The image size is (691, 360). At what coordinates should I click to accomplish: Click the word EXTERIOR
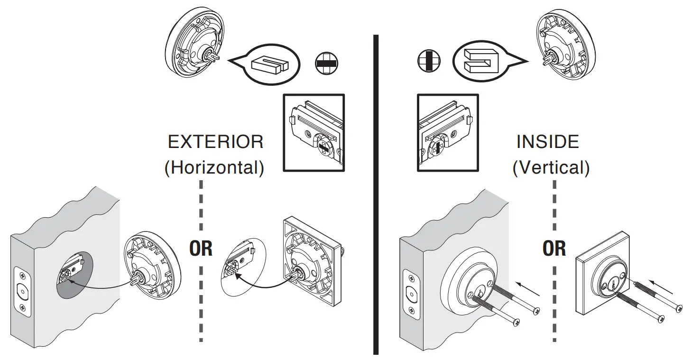215,142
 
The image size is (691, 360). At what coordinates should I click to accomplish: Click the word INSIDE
548,142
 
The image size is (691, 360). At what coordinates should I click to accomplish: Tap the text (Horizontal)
214,168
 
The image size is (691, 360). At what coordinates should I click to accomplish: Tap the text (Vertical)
551,168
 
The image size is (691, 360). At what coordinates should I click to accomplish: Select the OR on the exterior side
201,248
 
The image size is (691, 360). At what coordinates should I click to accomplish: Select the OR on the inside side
554,248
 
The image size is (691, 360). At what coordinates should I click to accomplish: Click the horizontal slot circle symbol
326,63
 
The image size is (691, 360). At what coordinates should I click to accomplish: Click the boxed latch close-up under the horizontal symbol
313,132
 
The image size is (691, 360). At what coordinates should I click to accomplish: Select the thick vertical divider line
376,194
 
